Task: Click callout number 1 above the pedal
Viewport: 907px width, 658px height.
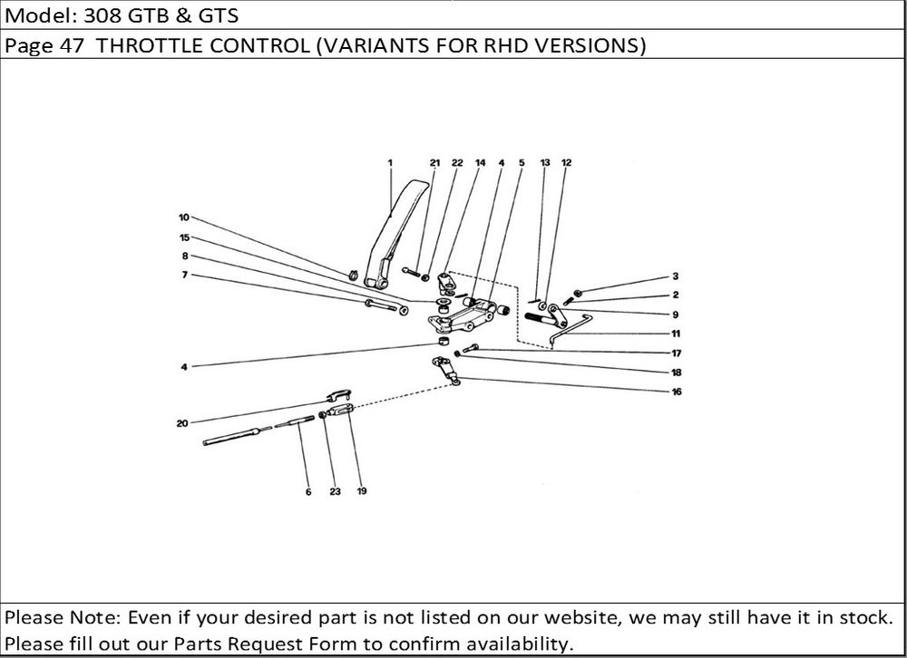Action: point(390,162)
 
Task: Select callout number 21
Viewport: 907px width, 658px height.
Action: point(435,162)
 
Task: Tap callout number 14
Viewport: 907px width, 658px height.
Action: point(480,162)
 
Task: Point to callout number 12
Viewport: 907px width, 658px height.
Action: point(566,162)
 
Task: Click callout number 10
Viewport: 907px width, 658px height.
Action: point(184,218)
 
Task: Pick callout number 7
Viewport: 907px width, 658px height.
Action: point(184,275)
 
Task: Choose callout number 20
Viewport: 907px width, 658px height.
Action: point(182,423)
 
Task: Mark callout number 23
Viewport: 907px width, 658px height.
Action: point(336,491)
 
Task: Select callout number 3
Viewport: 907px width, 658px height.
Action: point(675,276)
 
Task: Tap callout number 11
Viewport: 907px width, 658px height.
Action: point(676,333)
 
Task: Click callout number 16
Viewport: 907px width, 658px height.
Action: point(677,392)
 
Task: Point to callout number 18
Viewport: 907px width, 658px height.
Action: point(677,373)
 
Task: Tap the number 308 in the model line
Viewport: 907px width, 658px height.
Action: point(102,15)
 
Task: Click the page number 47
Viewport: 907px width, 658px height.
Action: point(73,45)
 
